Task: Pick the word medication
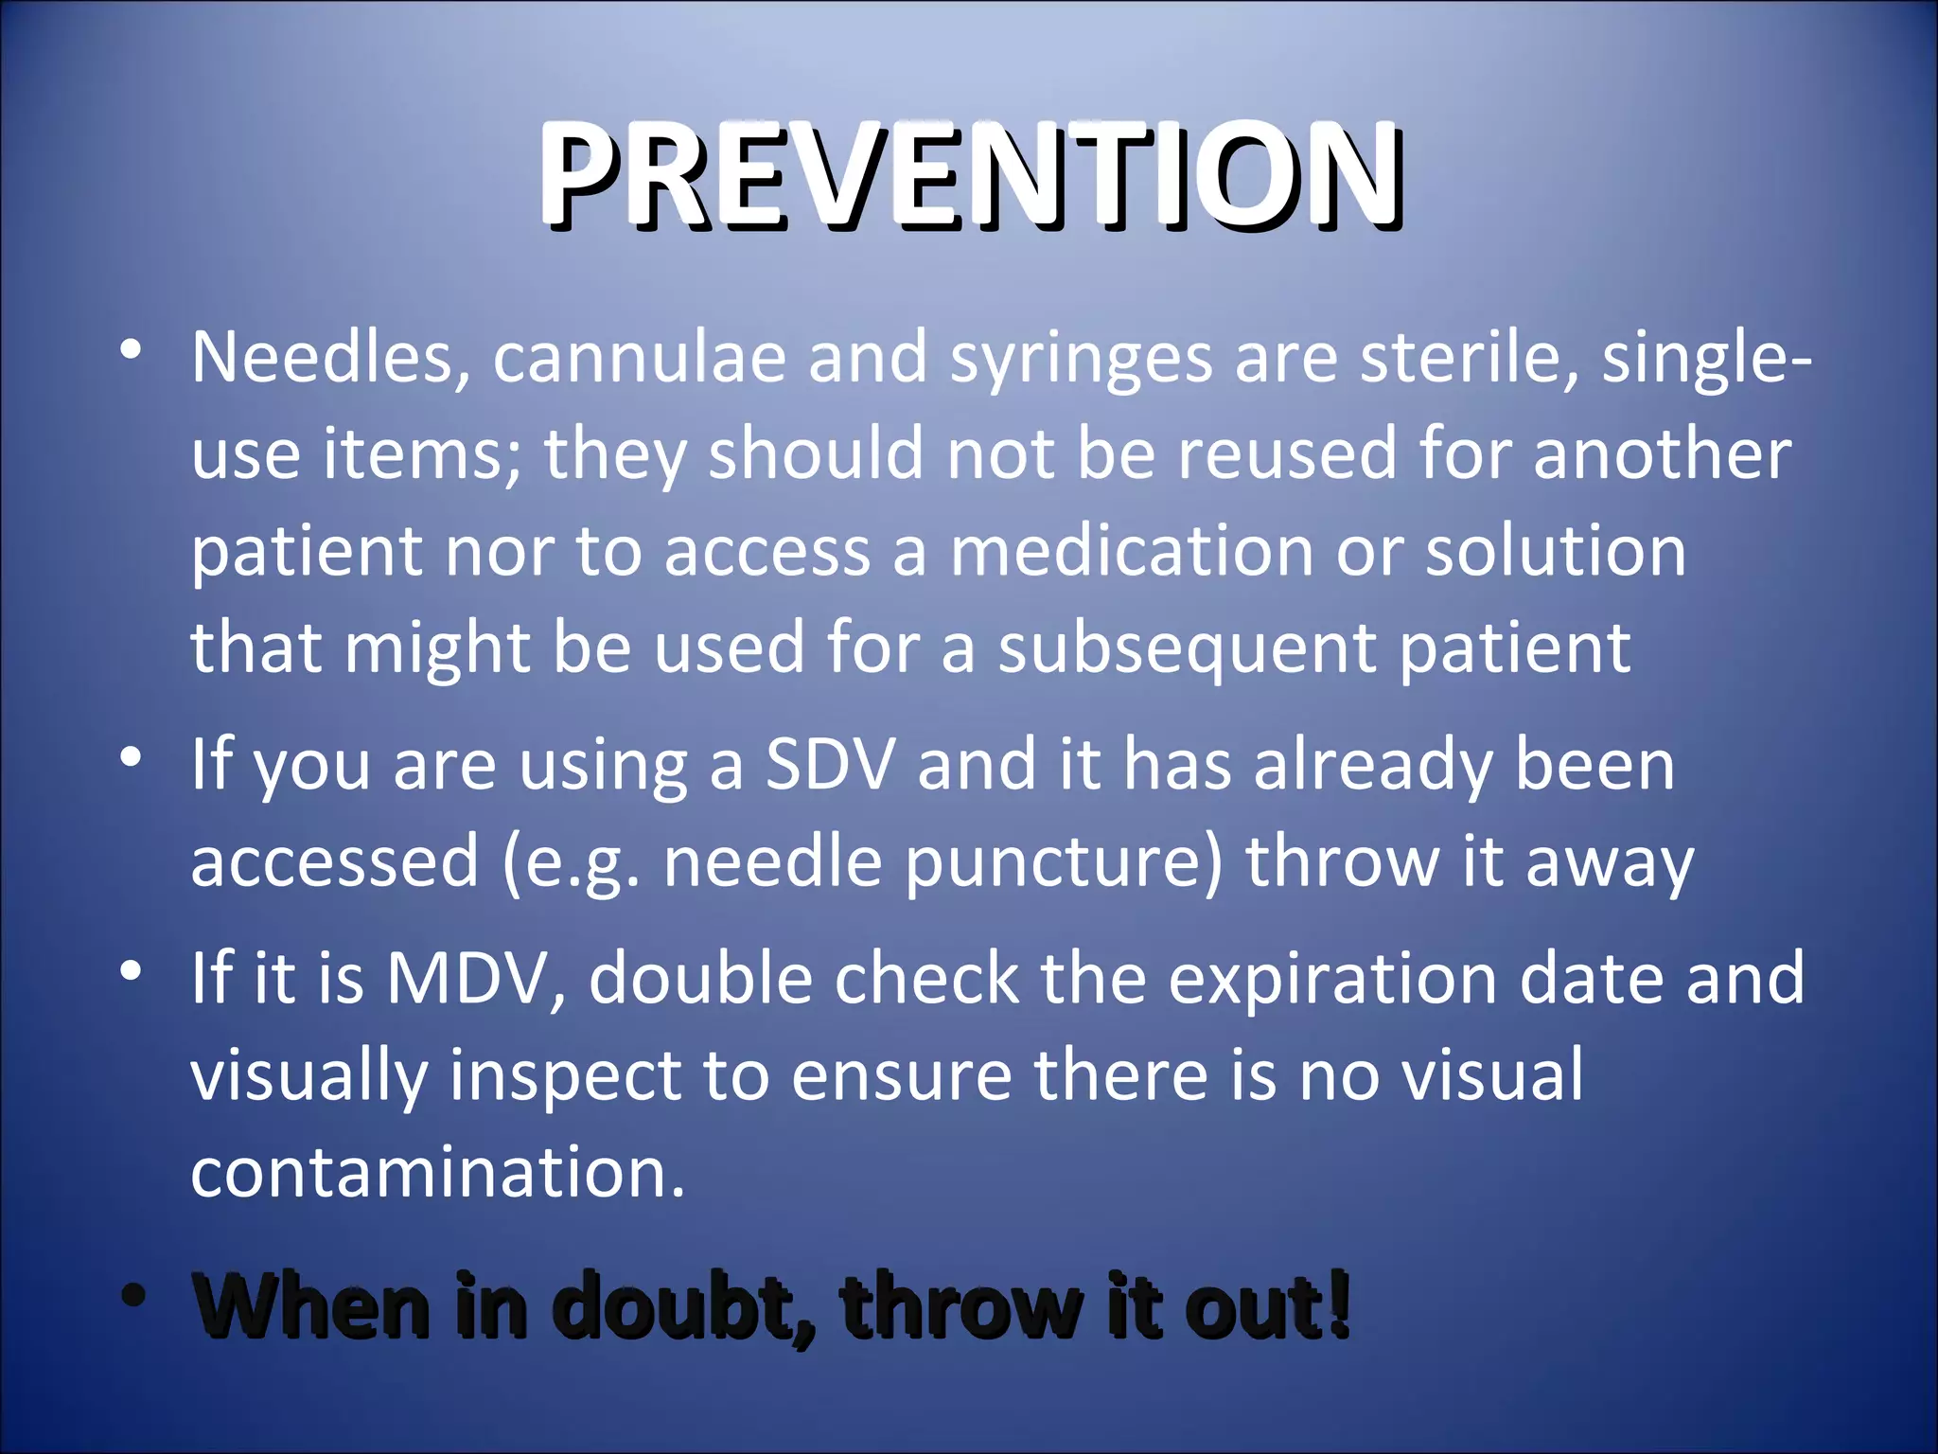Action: [1132, 551]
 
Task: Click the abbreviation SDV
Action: [830, 765]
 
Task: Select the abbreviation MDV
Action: [476, 978]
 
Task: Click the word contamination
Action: [437, 1172]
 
